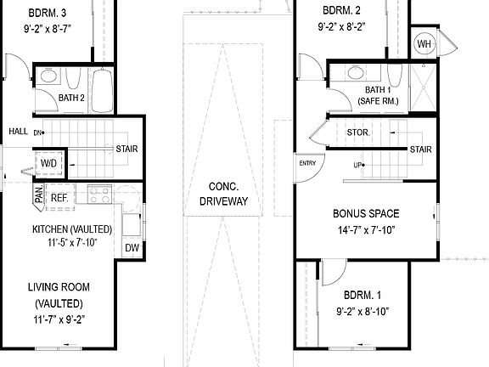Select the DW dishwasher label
[132, 247]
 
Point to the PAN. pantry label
[39, 195]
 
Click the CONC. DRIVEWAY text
[223, 195]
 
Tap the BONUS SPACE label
[366, 213]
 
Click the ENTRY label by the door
[306, 163]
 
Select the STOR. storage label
[357, 132]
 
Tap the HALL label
[18, 132]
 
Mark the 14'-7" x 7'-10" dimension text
[366, 229]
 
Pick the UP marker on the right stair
[357, 165]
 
